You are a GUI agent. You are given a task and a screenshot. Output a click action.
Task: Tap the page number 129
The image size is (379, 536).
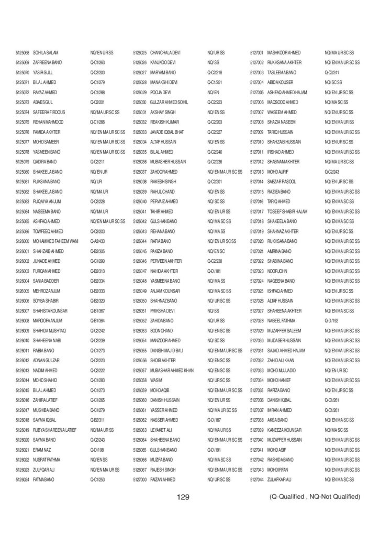pyautogui.click(x=183, y=496)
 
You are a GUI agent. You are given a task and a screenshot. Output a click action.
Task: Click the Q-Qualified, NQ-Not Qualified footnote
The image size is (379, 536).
pyautogui.click(x=315, y=496)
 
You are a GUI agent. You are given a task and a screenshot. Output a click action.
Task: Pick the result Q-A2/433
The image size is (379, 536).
pyautogui.click(x=98, y=241)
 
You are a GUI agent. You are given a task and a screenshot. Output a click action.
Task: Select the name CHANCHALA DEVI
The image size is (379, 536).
pyautogui.click(x=165, y=53)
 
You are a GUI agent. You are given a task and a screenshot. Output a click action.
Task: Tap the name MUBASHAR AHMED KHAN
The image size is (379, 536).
pyautogui.click(x=172, y=370)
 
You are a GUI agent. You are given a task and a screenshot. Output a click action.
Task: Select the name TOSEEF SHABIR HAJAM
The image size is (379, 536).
pyautogui.click(x=287, y=211)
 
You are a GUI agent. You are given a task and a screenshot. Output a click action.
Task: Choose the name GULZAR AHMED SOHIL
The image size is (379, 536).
pyautogui.click(x=169, y=102)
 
